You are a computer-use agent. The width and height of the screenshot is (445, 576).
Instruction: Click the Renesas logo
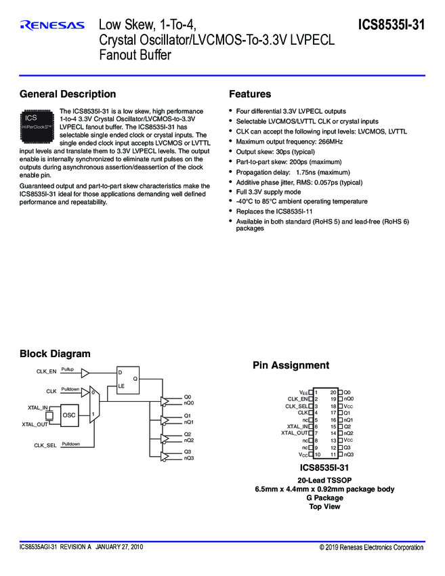pyautogui.click(x=52, y=26)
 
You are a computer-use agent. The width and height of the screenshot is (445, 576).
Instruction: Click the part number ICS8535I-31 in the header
pyautogui.click(x=391, y=26)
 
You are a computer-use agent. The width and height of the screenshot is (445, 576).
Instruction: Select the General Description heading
pyautogui.click(x=68, y=94)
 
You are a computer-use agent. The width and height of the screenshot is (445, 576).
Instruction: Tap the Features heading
pyautogui.click(x=250, y=94)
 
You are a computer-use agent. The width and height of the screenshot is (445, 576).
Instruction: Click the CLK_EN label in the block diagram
pyautogui.click(x=46, y=371)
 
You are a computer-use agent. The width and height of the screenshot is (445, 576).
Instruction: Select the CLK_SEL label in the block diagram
pyautogui.click(x=46, y=445)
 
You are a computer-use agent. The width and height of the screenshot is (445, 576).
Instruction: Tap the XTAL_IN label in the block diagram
pyautogui.click(x=38, y=407)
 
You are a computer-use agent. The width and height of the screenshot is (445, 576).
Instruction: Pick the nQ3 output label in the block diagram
pyautogui.click(x=189, y=459)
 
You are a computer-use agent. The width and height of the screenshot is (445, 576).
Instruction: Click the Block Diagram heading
pyautogui.click(x=55, y=354)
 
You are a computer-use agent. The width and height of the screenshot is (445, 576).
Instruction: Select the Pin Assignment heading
pyautogui.click(x=291, y=366)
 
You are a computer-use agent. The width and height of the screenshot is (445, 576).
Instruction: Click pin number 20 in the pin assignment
pyautogui.click(x=333, y=392)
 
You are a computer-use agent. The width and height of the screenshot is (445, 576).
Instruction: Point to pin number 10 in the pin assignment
pyautogui.click(x=316, y=455)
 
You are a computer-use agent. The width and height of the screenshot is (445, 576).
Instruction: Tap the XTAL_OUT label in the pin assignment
pyautogui.click(x=295, y=432)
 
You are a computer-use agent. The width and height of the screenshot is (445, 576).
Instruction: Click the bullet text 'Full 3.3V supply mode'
pyautogui.click(x=268, y=192)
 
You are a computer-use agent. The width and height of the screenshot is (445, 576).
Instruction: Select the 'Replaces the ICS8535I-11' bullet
pyautogui.click(x=274, y=211)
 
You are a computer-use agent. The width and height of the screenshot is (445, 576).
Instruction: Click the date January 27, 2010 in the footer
pyautogui.click(x=119, y=546)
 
